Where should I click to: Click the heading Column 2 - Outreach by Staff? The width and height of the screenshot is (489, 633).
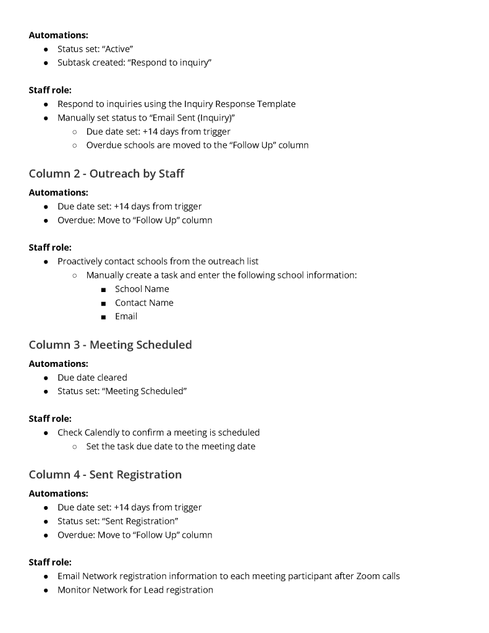(x=106, y=174)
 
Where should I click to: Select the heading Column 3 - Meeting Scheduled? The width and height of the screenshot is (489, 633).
(x=110, y=345)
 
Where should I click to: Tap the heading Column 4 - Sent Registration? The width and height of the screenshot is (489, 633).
(x=105, y=475)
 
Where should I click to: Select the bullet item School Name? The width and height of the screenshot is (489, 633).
(x=142, y=289)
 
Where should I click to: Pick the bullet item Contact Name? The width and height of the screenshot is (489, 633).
(x=144, y=303)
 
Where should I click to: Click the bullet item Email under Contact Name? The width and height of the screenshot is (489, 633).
(x=126, y=316)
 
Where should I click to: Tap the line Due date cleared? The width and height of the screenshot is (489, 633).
(x=92, y=377)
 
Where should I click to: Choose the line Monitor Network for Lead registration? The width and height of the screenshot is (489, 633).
(x=135, y=590)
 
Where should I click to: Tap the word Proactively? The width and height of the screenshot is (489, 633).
(x=80, y=261)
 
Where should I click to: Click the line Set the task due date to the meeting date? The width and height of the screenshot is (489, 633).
(x=171, y=446)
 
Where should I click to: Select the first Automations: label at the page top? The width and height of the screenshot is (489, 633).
(x=58, y=35)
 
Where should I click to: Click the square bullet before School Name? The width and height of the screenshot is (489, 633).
(x=104, y=290)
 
